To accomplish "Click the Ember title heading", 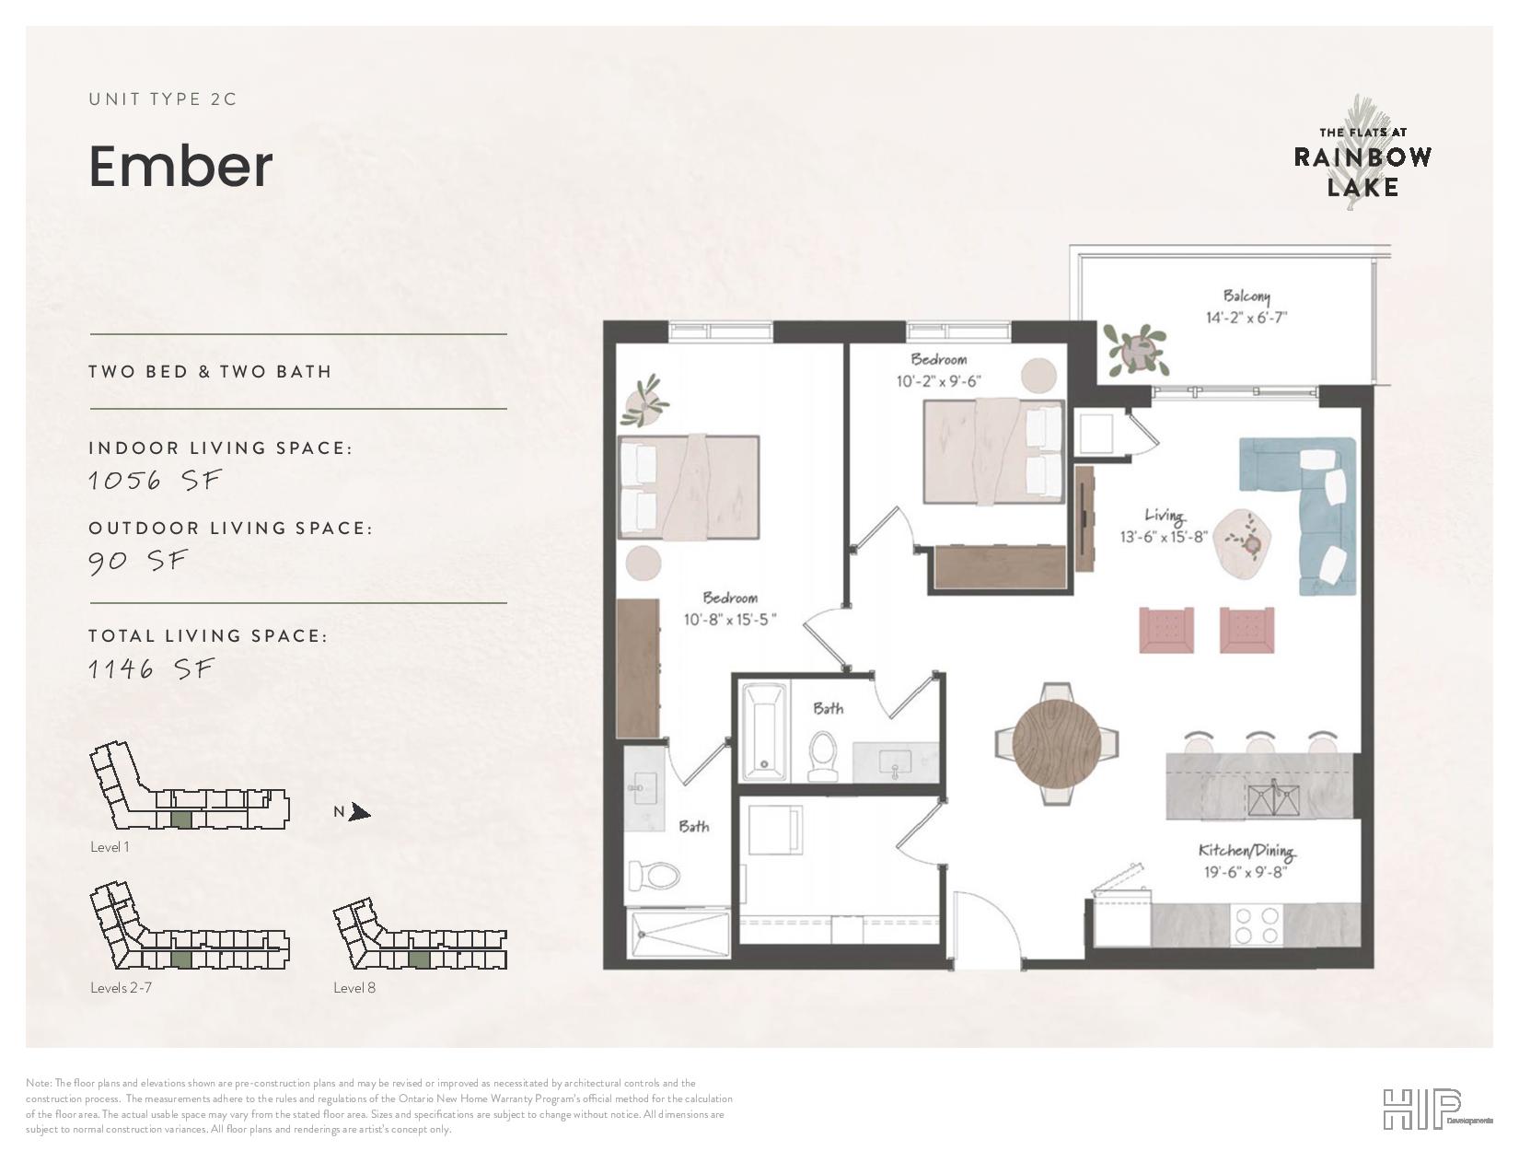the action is pos(180,167).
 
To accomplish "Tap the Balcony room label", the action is pos(1247,296).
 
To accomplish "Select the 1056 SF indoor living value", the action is pos(155,481).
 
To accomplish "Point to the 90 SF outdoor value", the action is pos(138,561).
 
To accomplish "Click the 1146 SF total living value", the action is pos(150,669).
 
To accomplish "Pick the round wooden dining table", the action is pos(1056,744).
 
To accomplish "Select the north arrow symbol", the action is pos(360,812).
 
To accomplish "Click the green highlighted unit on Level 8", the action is pos(419,959).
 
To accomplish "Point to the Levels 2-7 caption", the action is pos(121,988).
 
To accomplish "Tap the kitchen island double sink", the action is pos(1273,800).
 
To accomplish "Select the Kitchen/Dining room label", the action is pos(1247,850).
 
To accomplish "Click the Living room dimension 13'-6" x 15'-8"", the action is pos(1164,537).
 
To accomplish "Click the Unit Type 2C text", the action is pos(162,99).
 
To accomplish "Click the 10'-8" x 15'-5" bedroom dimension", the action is pos(730,619).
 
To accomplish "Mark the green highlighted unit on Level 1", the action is pos(181,820).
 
